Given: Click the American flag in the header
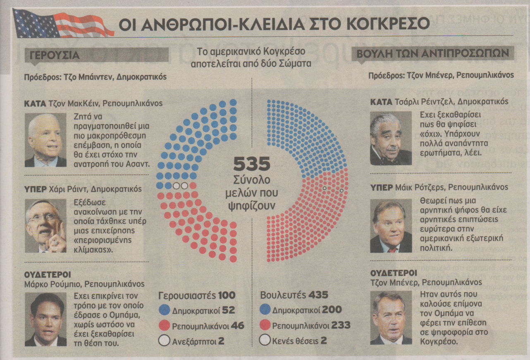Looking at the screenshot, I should (x=62, y=24).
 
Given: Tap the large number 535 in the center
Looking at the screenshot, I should (x=252, y=164).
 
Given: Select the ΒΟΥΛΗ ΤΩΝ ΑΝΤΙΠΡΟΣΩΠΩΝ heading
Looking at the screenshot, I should (x=433, y=54).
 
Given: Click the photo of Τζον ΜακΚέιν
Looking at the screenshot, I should (x=45, y=140).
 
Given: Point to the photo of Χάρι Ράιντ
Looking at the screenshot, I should (x=45, y=226).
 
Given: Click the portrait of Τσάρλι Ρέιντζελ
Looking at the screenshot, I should (x=390, y=138).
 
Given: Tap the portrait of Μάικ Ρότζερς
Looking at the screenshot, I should (x=390, y=226).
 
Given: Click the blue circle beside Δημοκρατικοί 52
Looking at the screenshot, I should (x=165, y=310).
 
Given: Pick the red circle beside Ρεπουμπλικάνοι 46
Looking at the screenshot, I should (x=165, y=325).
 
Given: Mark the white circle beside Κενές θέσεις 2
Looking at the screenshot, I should (x=265, y=341).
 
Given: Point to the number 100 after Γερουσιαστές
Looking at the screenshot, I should (x=227, y=295).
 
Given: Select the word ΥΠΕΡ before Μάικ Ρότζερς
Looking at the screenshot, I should (x=381, y=187).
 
